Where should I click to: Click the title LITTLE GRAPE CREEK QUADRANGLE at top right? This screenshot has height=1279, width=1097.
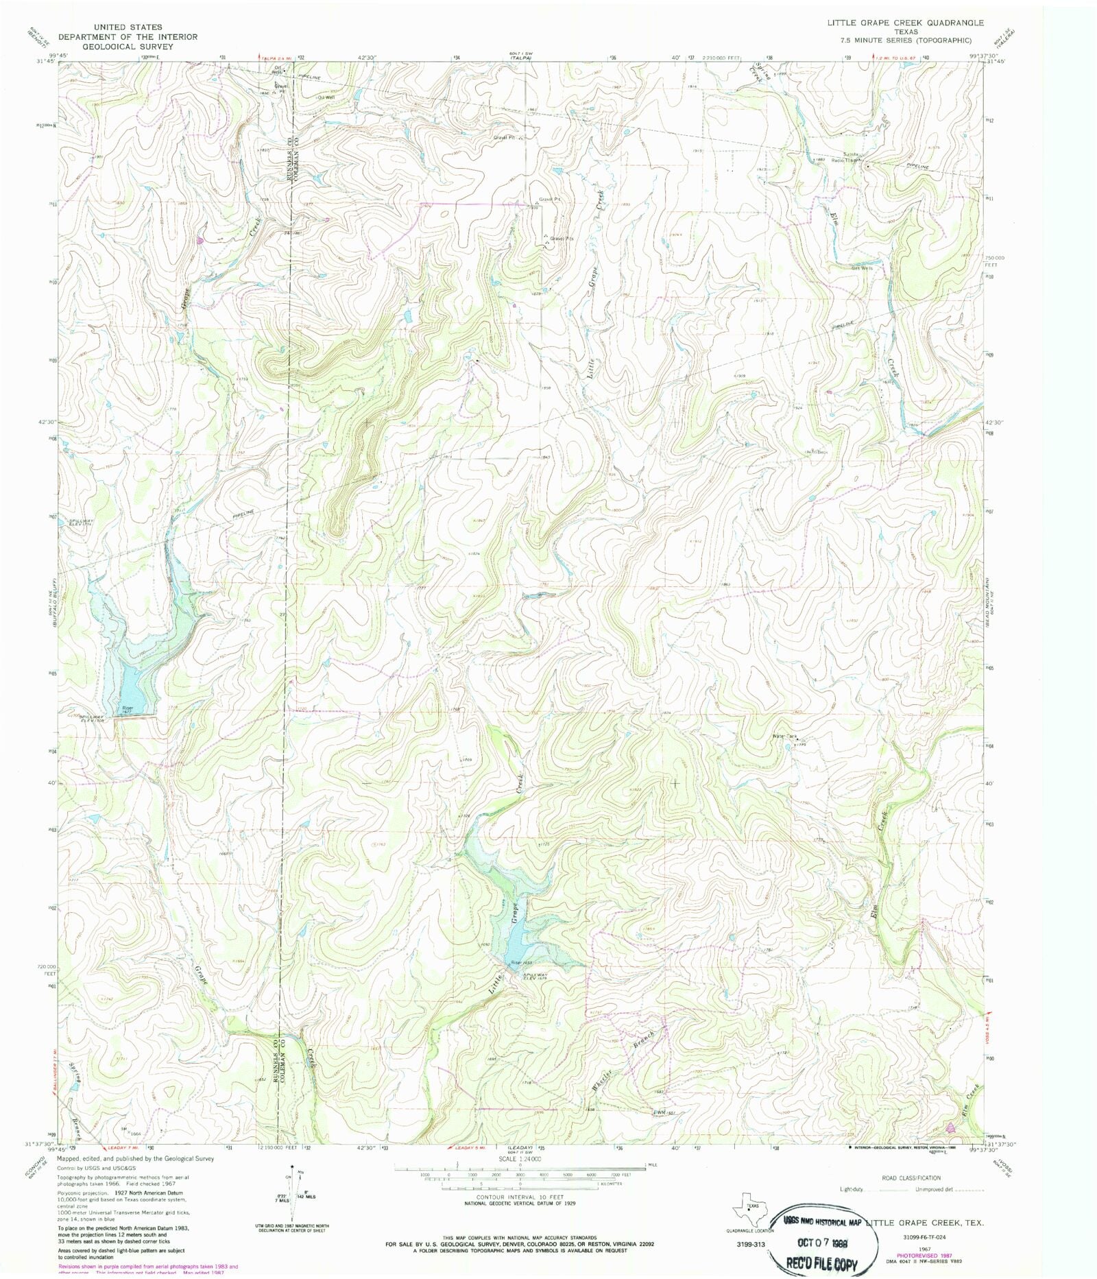point(905,23)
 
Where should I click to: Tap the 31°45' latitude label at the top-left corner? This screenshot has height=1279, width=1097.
point(45,62)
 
